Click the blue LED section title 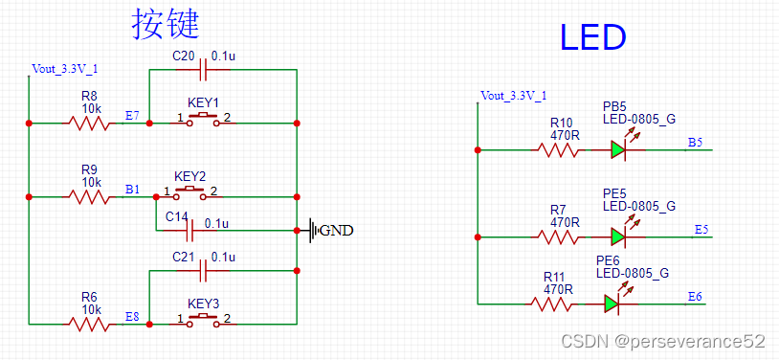coord(592,37)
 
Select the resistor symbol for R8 coord(88,123)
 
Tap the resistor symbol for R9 coord(88,196)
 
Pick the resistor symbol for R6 coord(88,324)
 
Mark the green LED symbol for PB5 coord(618,149)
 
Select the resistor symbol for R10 coord(558,149)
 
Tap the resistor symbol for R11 coord(552,304)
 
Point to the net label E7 coord(132,116)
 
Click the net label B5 coord(695,143)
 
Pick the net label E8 coord(132,316)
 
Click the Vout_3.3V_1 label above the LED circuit coord(514,96)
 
